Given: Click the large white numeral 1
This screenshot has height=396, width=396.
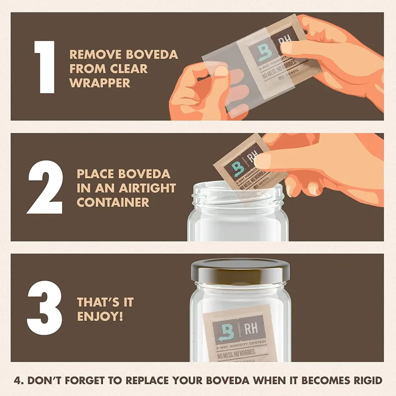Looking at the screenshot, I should (45, 66).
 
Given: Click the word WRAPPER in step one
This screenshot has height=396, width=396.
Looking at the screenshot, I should (99, 83).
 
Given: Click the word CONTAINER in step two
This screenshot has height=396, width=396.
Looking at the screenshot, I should (113, 202).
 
